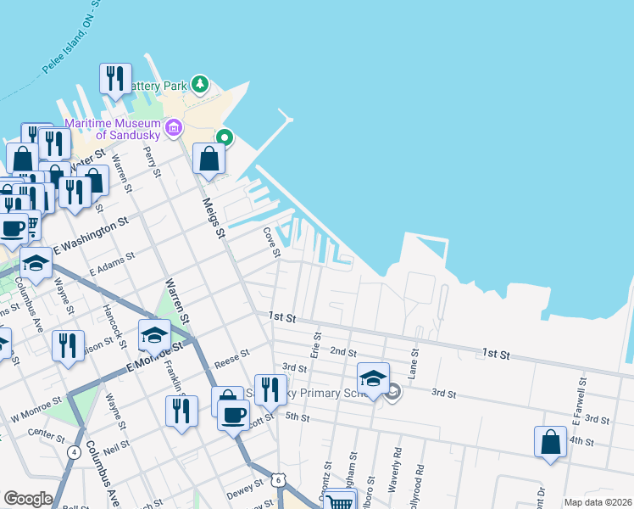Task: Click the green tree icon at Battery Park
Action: [200, 83]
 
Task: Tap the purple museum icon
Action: [174, 128]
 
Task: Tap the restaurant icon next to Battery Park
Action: [114, 78]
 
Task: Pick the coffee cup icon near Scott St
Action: [233, 415]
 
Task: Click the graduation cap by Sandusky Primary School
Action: [373, 377]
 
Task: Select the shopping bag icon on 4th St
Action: [550, 441]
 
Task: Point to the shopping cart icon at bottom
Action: [340, 501]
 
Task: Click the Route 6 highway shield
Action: [279, 480]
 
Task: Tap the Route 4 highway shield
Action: [75, 452]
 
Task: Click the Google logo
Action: [28, 499]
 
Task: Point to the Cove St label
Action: [272, 238]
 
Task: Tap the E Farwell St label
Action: [583, 394]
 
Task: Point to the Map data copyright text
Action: [598, 502]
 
